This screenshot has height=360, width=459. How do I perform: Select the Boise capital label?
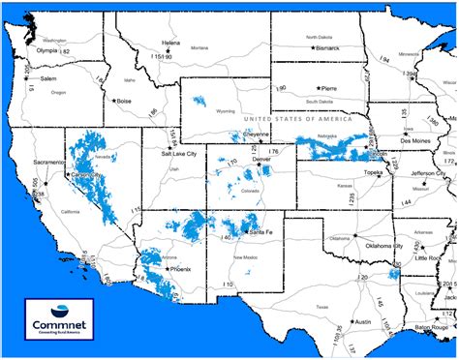(x=123, y=101)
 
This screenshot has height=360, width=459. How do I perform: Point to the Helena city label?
(x=170, y=44)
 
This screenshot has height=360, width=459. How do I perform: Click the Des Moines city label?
(x=420, y=141)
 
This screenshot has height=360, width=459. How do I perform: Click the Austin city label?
(x=363, y=321)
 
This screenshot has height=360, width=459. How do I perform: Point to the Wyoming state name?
(x=226, y=111)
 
